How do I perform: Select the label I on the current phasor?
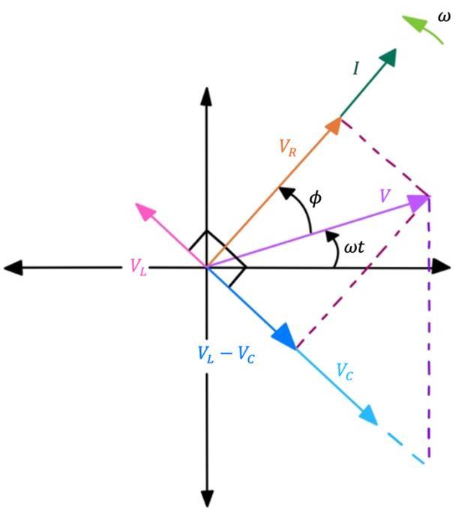tap(357, 69)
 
